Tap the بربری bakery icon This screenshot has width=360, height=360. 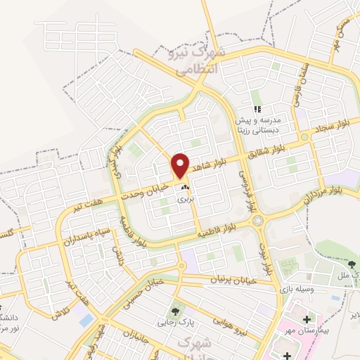(x=185, y=188)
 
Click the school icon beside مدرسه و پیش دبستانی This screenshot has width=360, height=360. (x=258, y=110)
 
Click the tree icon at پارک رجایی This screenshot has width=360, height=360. (x=174, y=310)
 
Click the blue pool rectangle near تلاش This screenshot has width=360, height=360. (x=86, y=320)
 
